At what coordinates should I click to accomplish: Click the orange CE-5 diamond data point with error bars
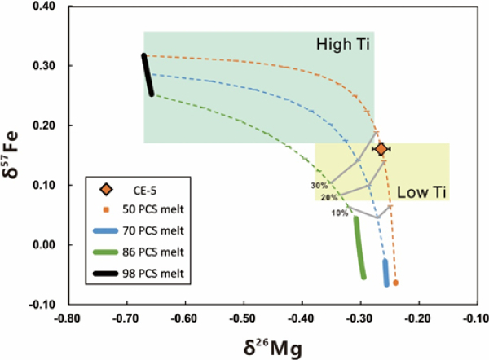click(x=381, y=149)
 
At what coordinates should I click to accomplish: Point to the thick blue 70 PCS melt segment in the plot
click(x=385, y=273)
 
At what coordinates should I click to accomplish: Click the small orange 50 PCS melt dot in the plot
click(x=395, y=283)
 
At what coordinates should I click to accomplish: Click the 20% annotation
click(x=329, y=198)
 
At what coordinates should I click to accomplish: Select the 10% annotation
click(x=340, y=213)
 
